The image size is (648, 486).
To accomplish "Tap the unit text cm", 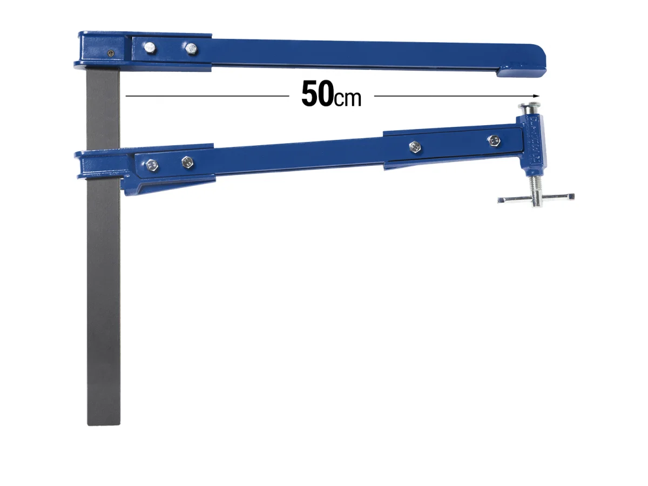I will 347,99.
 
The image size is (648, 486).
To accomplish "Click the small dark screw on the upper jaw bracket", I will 110,53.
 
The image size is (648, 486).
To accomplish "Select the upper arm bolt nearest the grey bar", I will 148,48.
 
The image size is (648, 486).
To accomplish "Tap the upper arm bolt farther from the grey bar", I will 191,49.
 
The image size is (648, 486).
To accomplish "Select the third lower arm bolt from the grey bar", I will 414,146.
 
